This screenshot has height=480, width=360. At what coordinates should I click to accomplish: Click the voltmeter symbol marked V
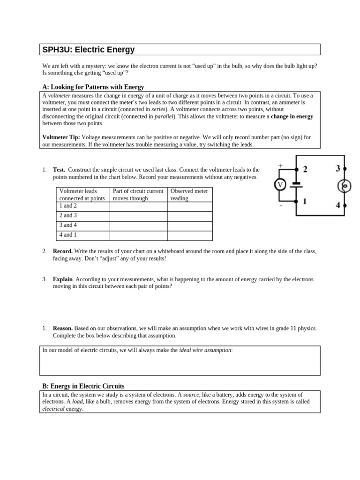[280, 185]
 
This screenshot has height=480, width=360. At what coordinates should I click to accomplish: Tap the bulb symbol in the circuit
[345, 187]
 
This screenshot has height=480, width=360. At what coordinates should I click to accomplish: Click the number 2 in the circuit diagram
[305, 169]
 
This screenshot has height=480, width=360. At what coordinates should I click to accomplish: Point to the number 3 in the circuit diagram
[337, 169]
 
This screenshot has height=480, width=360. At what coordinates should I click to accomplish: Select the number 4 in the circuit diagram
[338, 205]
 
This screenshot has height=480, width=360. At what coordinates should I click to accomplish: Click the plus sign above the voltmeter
[280, 165]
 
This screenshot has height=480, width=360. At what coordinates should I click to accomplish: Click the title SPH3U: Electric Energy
[88, 50]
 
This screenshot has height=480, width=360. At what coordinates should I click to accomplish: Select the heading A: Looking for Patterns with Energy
[93, 87]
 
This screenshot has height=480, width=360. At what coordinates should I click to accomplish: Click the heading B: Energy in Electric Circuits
[83, 386]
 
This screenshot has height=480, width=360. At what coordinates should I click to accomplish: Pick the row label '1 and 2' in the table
[68, 206]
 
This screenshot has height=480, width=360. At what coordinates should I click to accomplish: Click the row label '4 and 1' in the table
[68, 235]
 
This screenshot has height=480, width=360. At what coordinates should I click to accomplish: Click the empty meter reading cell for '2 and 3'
[189, 216]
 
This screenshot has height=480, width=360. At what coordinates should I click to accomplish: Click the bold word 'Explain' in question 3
[62, 279]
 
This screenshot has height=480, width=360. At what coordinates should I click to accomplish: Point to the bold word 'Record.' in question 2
[63, 251]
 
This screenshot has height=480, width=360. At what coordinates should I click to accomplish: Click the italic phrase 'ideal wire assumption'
[205, 350]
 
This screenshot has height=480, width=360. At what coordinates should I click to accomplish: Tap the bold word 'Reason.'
[63, 329]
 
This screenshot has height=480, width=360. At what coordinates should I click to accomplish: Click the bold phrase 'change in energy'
[292, 116]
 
